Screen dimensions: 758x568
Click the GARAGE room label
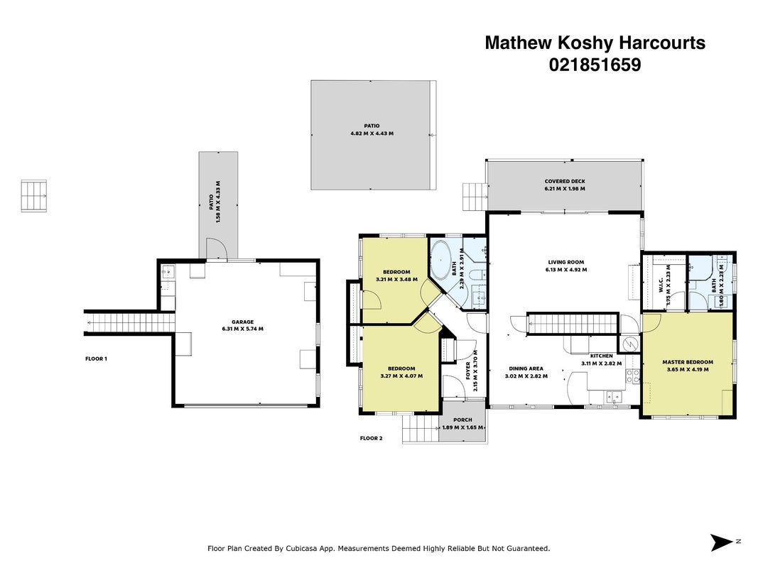pyautogui.click(x=242, y=322)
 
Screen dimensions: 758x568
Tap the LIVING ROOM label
pyautogui.click(x=565, y=262)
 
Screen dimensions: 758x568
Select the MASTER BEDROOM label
pyautogui.click(x=688, y=362)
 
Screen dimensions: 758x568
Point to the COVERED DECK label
pyautogui.click(x=565, y=182)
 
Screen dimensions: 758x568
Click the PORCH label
pyautogui.click(x=462, y=420)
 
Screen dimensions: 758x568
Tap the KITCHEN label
pyautogui.click(x=602, y=356)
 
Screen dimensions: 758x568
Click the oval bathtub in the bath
pyautogui.click(x=440, y=260)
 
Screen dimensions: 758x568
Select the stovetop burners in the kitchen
pyautogui.click(x=632, y=376)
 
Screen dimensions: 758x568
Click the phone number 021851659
pyautogui.click(x=595, y=65)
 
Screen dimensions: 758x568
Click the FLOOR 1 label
pyautogui.click(x=96, y=359)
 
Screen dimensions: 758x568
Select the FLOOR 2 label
pyautogui.click(x=372, y=438)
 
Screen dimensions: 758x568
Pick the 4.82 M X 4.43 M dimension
pyautogui.click(x=372, y=133)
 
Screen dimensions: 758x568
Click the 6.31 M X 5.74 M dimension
pyautogui.click(x=242, y=329)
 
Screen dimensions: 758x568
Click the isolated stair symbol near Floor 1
pyautogui.click(x=34, y=196)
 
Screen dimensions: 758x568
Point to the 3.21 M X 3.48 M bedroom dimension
pyautogui.click(x=396, y=279)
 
